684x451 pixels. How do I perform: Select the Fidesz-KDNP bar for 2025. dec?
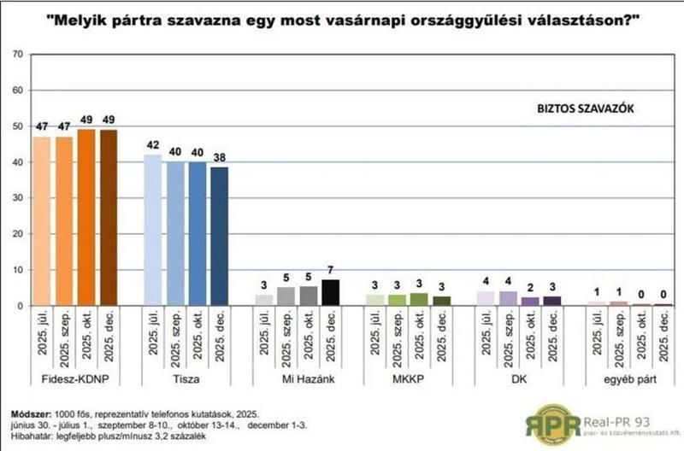[x=109, y=217]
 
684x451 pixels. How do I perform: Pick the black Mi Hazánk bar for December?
[x=330, y=292]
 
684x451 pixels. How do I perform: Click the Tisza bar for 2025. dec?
[x=220, y=236]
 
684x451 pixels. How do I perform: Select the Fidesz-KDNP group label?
[x=75, y=377]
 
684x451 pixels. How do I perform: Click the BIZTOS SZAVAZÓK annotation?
[x=579, y=108]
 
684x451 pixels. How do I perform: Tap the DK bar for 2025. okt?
[x=529, y=301]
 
